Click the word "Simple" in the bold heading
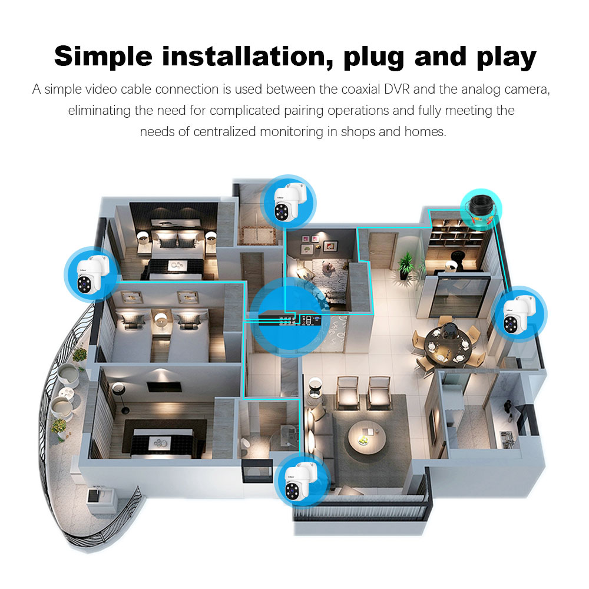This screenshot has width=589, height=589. (103, 57)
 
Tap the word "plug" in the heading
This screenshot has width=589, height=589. (374, 58)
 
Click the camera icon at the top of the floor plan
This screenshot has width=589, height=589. (288, 201)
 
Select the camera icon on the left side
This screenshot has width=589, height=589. (92, 273)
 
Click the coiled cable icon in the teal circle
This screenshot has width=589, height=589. (481, 210)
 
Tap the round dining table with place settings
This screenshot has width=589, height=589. (448, 342)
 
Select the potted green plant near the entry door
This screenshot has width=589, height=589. (405, 265)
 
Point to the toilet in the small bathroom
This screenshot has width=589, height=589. (245, 444)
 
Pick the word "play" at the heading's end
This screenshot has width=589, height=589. (507, 58)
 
